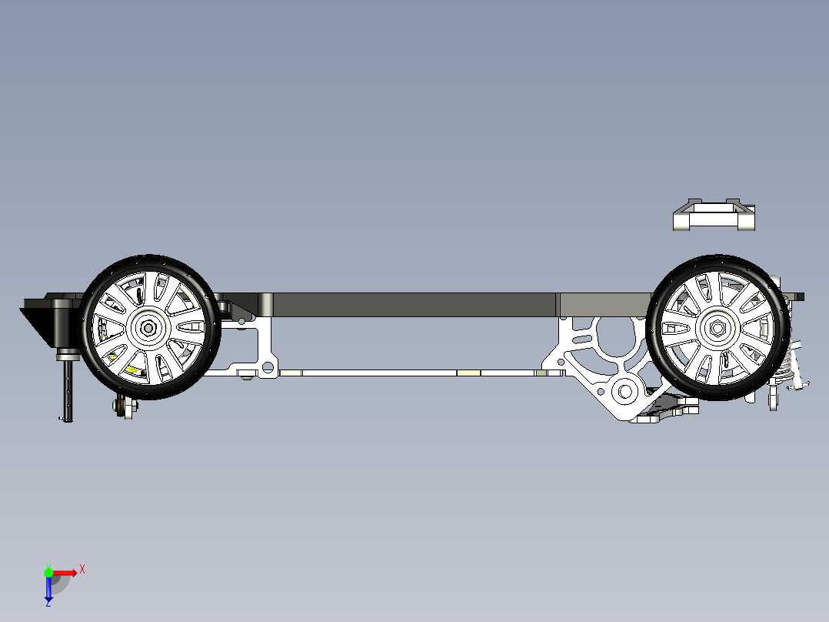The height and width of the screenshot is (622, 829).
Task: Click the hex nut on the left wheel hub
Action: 148,328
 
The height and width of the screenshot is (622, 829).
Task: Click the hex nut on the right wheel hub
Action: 717,328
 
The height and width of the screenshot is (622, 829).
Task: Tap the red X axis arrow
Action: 64,573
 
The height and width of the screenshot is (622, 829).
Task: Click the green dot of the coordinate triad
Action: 48,573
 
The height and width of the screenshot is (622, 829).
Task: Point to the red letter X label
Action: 82,570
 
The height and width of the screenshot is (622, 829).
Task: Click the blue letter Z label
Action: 48,603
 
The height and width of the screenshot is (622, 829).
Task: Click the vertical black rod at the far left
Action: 68,390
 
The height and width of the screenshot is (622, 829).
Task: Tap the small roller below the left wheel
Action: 125,406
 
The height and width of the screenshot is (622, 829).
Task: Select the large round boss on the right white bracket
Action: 625,393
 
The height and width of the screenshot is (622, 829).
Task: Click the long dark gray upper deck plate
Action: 415,305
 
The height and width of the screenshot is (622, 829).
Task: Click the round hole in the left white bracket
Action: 268,367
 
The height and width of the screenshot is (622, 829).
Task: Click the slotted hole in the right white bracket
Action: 582,339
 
